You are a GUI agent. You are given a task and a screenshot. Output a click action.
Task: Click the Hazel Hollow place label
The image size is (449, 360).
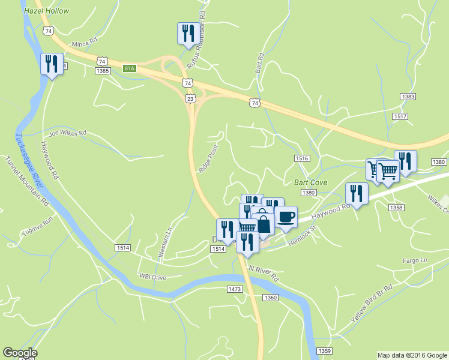(46, 11)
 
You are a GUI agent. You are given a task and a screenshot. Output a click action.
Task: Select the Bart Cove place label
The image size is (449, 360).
(309, 182)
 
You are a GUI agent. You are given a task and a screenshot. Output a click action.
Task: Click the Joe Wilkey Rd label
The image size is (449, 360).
(68, 133)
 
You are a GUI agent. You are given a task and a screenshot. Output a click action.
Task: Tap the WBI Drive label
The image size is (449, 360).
(152, 277)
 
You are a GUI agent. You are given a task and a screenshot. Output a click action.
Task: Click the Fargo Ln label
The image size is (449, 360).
(415, 260)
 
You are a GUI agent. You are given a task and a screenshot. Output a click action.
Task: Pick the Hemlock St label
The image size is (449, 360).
(301, 233)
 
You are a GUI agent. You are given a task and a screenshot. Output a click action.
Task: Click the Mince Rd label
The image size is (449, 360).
(84, 43)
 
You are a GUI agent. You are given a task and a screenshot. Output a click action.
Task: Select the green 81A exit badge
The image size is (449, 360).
(130, 68)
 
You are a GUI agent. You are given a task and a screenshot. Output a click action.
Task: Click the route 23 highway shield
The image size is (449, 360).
(190, 98)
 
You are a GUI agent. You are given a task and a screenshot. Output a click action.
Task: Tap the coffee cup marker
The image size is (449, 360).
(286, 216)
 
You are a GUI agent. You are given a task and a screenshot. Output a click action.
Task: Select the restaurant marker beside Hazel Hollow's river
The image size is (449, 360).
(52, 64)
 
